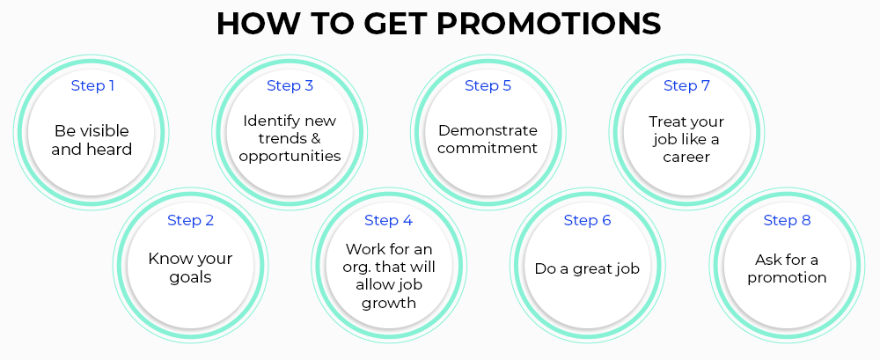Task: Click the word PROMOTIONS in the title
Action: tap(548, 24)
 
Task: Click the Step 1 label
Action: tap(92, 86)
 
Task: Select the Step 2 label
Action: tap(191, 220)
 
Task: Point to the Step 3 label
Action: tap(290, 86)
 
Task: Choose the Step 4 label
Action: tap(389, 220)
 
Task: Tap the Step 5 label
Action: tap(488, 86)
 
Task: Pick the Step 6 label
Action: tap(588, 220)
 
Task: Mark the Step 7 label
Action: tap(687, 86)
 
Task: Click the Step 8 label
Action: tap(788, 220)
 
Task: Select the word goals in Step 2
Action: tap(191, 278)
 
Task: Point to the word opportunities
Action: tap(290, 156)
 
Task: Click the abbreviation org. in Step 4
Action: tap(356, 267)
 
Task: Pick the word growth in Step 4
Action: tap(389, 304)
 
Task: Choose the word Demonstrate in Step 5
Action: tap(488, 130)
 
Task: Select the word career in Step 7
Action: tap(686, 158)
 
